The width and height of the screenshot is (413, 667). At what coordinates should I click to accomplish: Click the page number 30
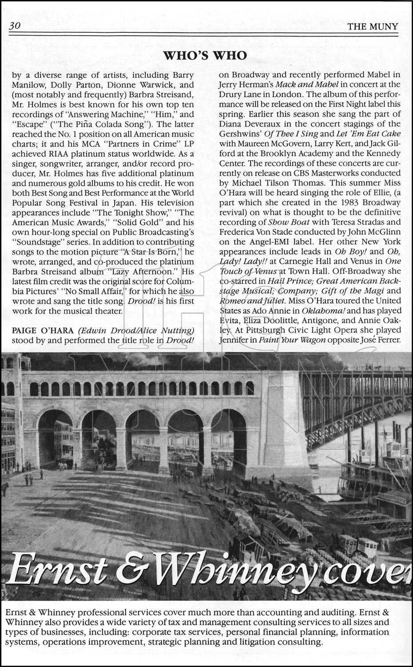[x=14, y=26]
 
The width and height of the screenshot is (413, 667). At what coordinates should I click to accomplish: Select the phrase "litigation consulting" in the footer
[x=281, y=642]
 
